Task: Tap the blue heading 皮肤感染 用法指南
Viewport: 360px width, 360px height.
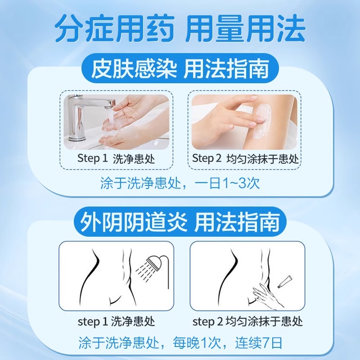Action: (x=180, y=70)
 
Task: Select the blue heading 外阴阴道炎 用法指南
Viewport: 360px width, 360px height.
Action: (x=180, y=221)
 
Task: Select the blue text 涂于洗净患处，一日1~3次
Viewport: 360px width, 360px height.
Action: (x=180, y=184)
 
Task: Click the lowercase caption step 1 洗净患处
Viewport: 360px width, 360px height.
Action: (x=116, y=321)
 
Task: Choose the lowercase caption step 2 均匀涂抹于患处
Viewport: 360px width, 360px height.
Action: (x=247, y=321)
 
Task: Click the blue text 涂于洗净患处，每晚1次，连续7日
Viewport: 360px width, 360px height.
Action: (x=180, y=343)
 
